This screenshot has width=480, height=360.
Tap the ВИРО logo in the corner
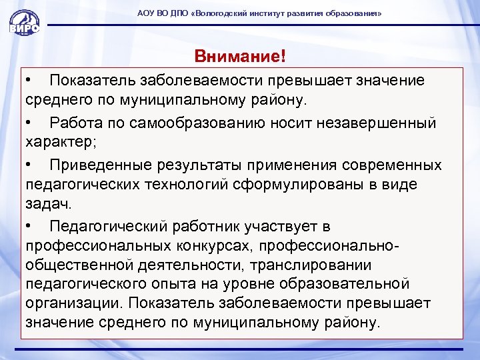[23, 24]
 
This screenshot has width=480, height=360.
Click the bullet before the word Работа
[29, 123]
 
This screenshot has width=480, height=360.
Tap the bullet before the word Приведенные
[29, 165]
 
